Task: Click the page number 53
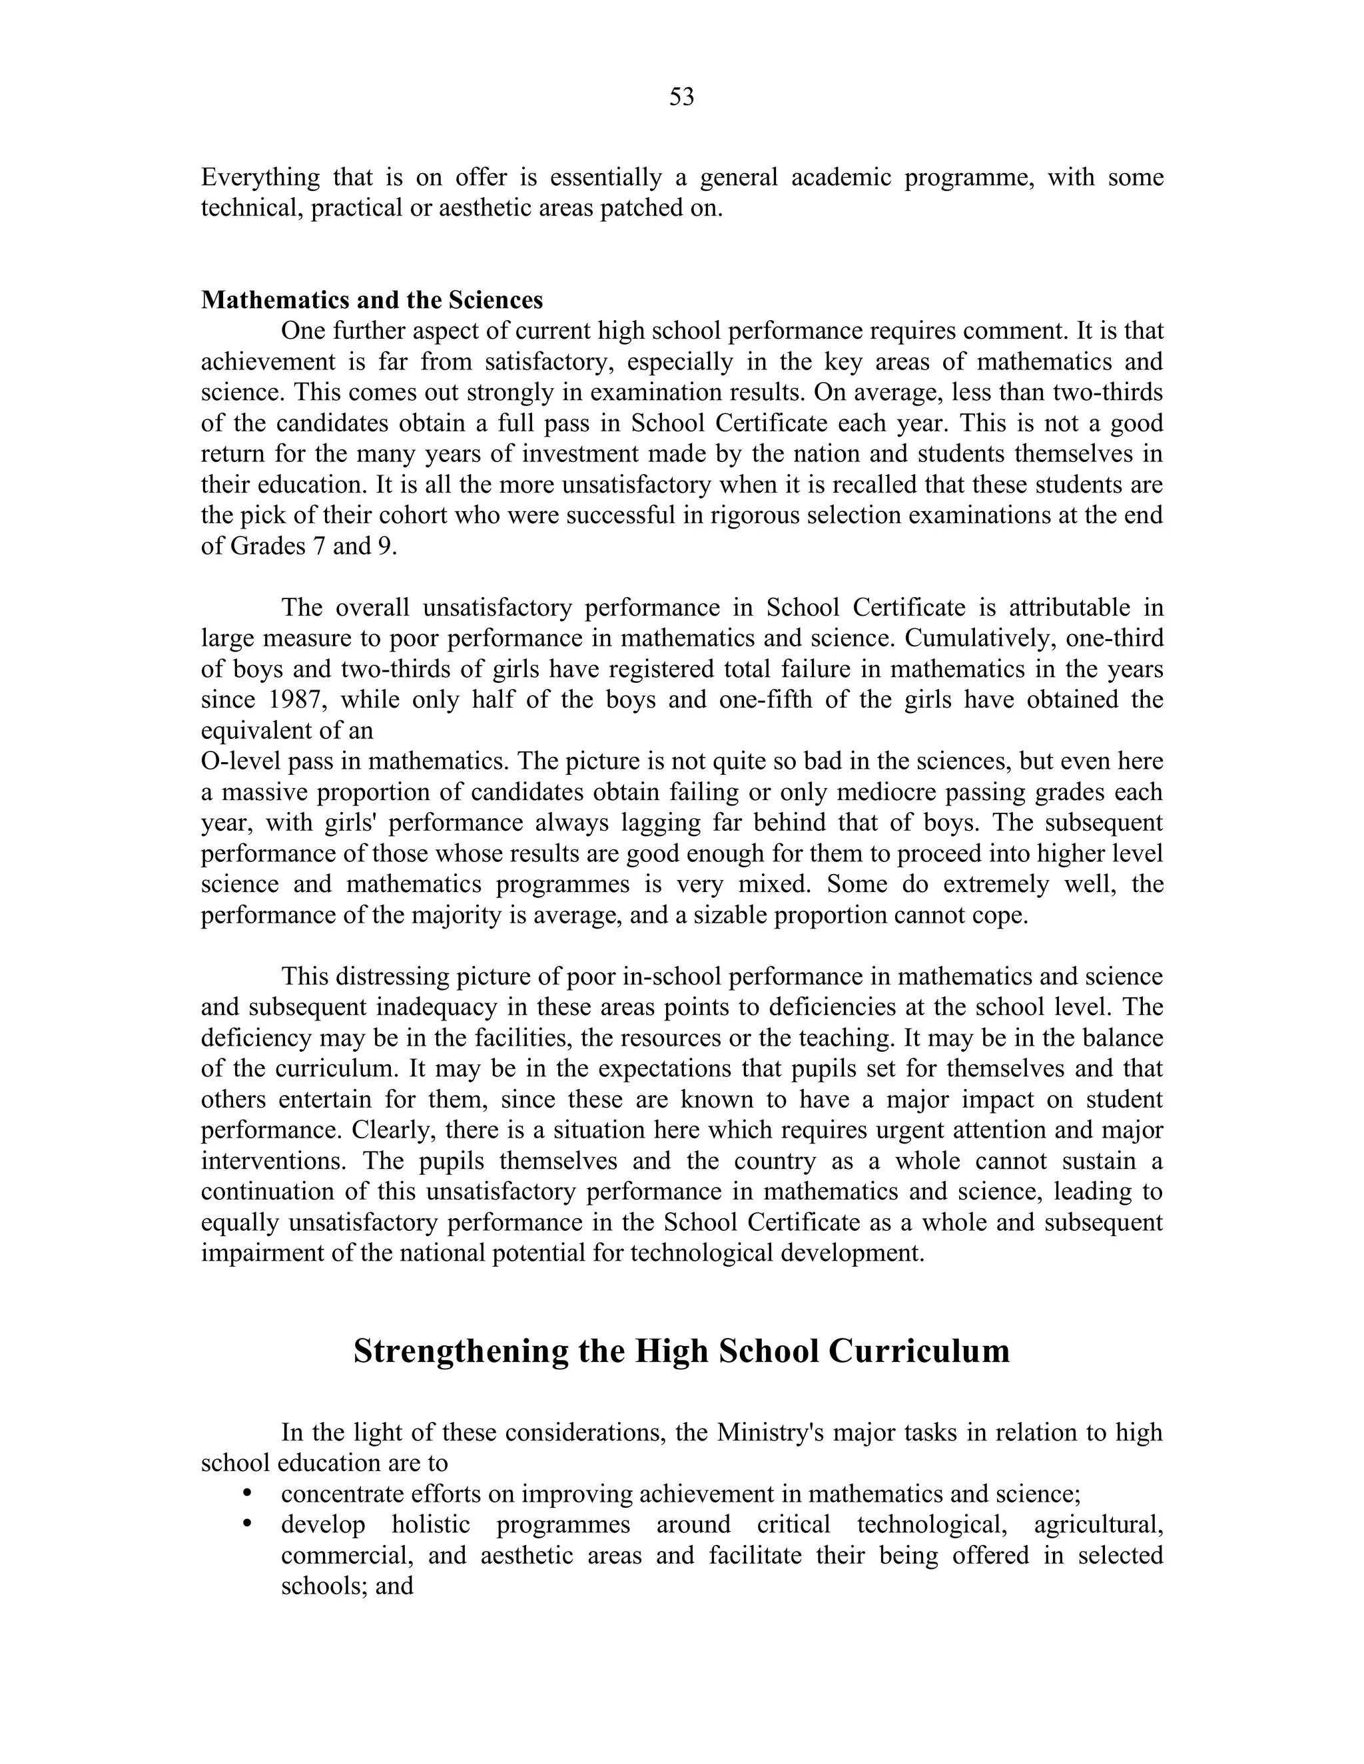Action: click(x=681, y=97)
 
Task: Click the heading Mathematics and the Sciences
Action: click(x=372, y=300)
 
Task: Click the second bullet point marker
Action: click(x=248, y=1523)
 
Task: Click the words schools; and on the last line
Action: click(x=346, y=1586)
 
